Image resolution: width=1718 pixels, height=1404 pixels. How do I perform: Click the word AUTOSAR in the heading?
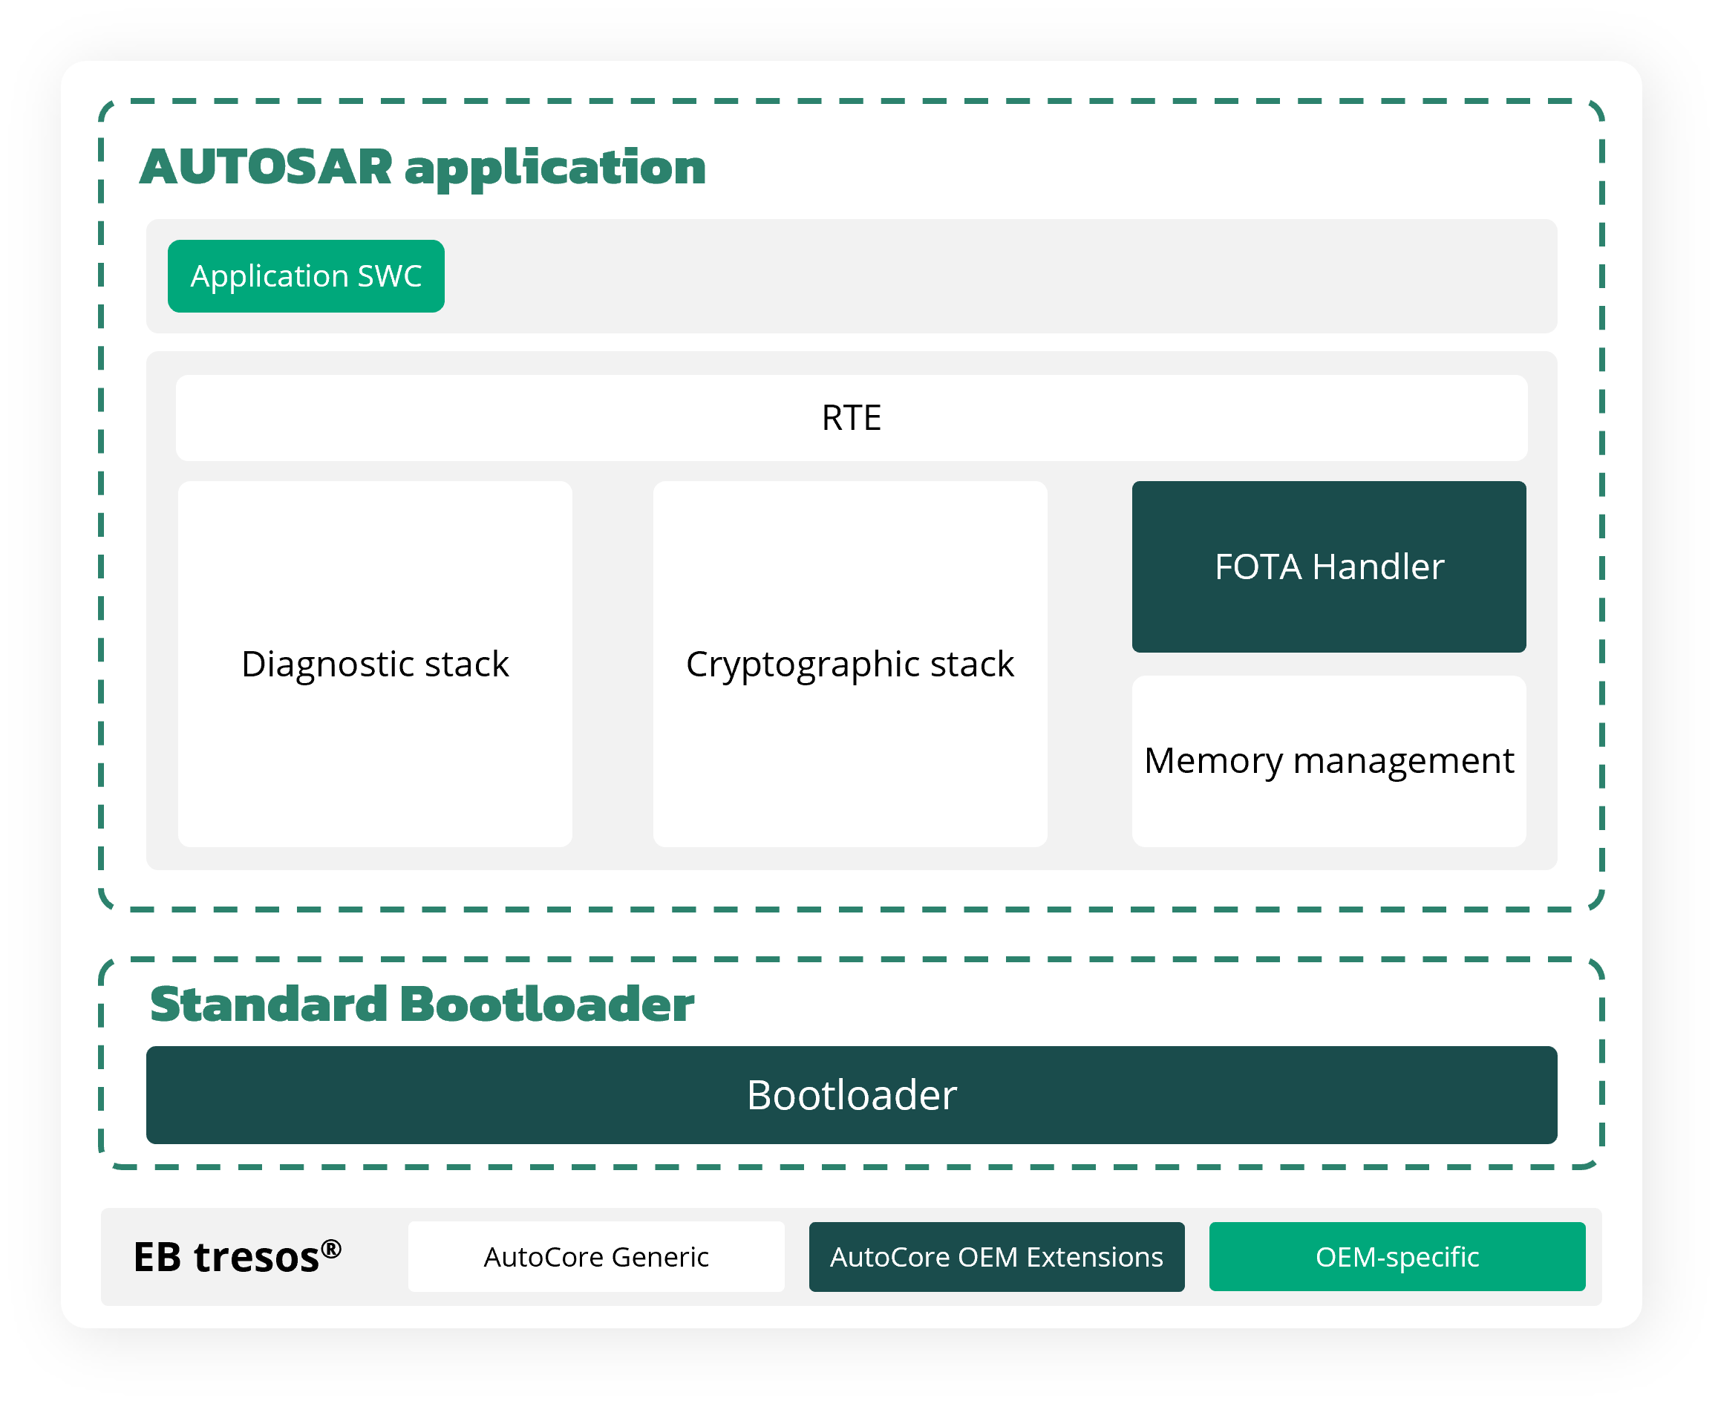(x=266, y=167)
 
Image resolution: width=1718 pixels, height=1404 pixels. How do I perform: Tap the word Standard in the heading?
(x=269, y=1005)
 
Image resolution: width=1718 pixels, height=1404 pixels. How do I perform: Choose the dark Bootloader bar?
(x=852, y=1096)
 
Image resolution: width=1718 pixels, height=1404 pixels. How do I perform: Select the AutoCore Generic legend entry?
(x=597, y=1258)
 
